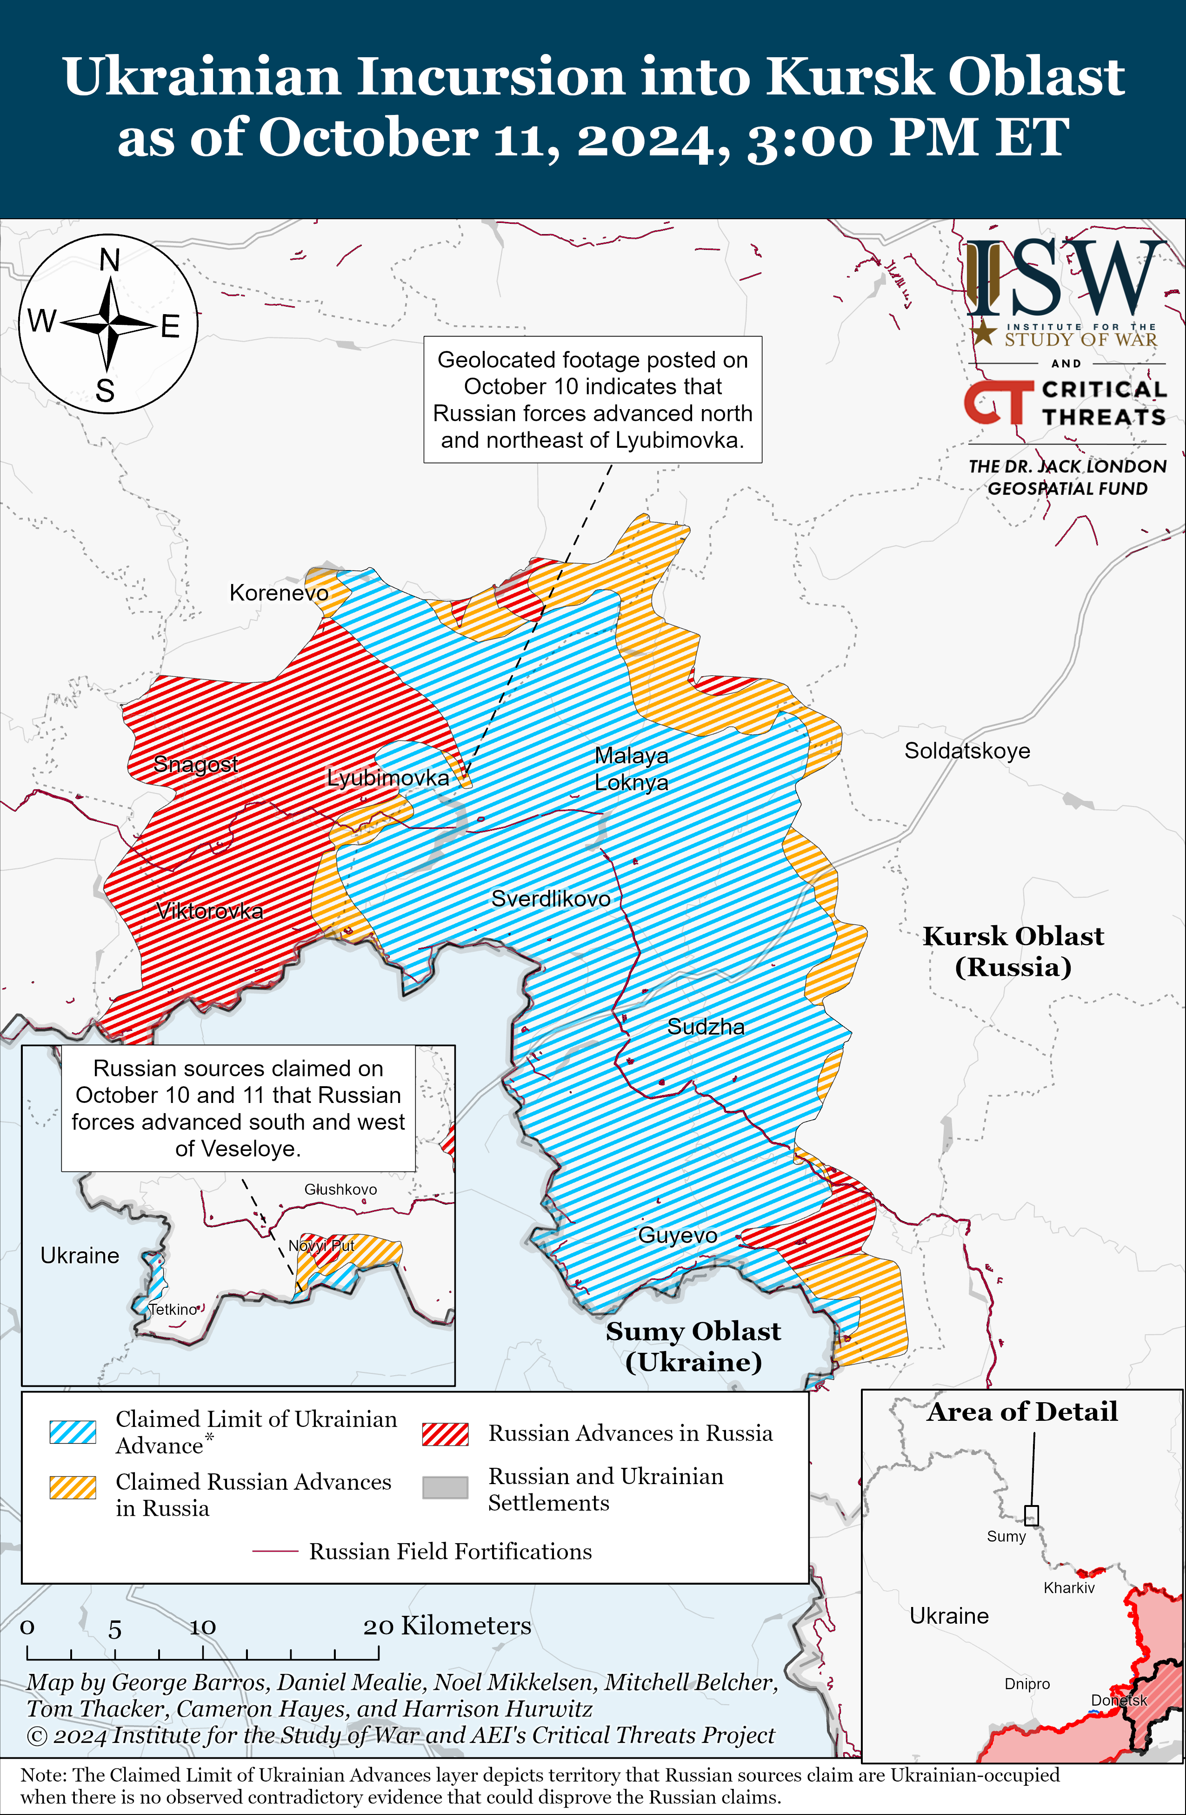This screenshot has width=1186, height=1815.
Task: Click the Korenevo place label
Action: (x=279, y=592)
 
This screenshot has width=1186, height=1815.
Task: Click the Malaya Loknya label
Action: (x=631, y=769)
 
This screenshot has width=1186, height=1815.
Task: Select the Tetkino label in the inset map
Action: (x=173, y=1310)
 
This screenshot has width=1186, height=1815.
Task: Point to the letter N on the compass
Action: (x=110, y=261)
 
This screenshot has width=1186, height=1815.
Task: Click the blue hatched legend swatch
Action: (x=73, y=1432)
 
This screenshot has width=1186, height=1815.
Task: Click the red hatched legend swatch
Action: (x=445, y=1434)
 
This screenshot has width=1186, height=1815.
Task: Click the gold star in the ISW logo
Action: (x=984, y=332)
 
